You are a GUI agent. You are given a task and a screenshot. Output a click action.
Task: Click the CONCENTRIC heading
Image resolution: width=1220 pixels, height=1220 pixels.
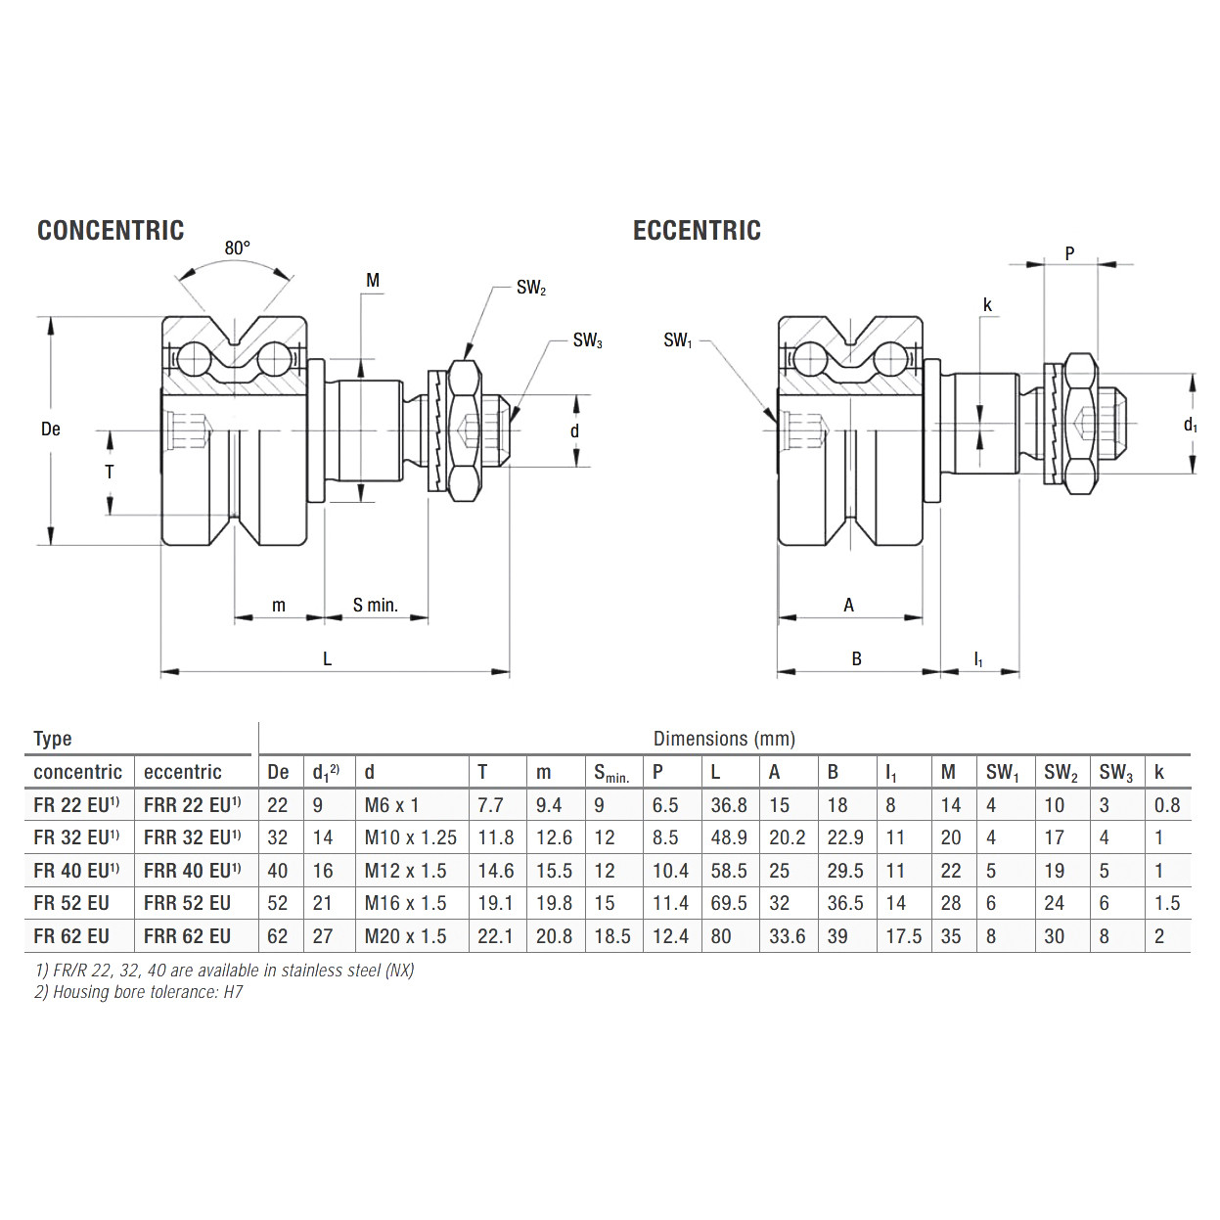click(111, 231)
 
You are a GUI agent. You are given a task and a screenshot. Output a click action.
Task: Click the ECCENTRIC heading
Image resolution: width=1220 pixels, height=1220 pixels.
click(697, 231)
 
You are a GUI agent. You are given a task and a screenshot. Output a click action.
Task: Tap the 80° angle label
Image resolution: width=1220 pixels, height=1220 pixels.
click(238, 249)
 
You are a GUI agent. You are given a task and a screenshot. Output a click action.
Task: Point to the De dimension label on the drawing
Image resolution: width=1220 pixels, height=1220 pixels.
click(51, 429)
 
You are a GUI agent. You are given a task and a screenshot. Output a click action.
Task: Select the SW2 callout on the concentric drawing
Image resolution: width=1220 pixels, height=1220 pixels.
click(530, 288)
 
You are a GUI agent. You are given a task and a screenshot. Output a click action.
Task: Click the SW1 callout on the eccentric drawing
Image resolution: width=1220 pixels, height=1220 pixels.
click(677, 340)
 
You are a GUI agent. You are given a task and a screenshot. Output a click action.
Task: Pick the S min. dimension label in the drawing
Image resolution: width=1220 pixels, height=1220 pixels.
click(376, 606)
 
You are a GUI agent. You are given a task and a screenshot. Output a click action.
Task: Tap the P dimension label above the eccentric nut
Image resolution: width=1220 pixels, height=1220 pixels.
click(1069, 253)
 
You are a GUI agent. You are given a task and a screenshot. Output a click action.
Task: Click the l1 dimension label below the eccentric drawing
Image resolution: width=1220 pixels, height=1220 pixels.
click(978, 659)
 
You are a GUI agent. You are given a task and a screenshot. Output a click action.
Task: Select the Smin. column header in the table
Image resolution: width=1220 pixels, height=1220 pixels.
click(611, 773)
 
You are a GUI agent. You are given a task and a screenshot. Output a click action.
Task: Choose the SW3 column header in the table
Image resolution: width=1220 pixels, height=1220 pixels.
click(1115, 773)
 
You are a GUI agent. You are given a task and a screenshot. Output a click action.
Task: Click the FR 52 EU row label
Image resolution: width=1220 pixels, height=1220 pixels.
click(71, 903)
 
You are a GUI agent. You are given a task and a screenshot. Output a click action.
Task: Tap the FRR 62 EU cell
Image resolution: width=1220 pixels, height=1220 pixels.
click(188, 936)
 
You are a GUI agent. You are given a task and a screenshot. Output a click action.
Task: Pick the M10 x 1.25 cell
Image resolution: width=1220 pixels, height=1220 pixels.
click(410, 837)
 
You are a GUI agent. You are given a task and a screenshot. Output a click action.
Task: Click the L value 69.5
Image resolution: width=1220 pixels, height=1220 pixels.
click(729, 903)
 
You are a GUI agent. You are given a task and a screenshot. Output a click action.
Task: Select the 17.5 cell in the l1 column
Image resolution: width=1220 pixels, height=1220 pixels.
click(903, 936)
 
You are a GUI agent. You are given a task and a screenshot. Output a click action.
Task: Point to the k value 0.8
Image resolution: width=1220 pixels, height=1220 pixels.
click(1167, 805)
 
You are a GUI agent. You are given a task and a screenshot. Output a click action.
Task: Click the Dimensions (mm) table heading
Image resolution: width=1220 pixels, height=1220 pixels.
click(724, 739)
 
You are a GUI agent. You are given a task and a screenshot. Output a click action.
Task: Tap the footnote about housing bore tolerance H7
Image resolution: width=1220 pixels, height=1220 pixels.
click(139, 992)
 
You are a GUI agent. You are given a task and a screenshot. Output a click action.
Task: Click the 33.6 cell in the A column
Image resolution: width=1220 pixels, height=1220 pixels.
click(787, 936)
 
